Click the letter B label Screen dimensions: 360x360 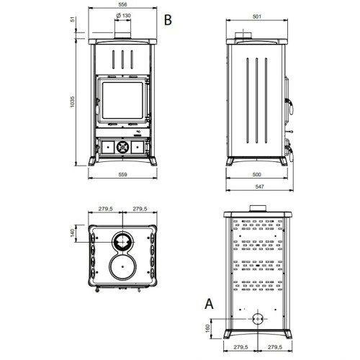point(168,20)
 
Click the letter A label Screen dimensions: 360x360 point(209,304)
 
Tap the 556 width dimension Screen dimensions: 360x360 point(122,4)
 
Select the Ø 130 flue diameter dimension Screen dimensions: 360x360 point(123,16)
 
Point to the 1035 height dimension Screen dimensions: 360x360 point(73,102)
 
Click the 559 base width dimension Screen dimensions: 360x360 point(122,174)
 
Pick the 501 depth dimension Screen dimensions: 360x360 point(257,17)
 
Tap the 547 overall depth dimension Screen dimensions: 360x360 point(260,186)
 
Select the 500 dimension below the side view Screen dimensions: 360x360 point(257,174)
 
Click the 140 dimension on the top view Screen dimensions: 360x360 point(73,233)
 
